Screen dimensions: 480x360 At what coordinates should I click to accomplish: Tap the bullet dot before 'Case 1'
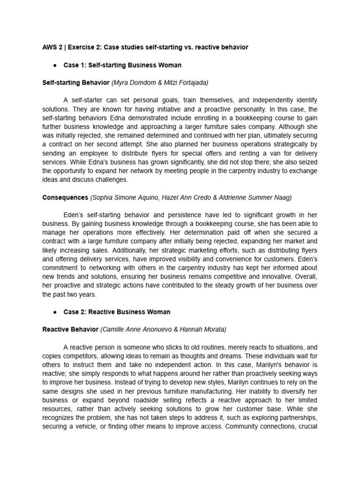55,65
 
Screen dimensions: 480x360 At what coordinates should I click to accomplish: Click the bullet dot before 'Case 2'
55,312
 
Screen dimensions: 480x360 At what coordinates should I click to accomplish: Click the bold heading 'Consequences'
65,197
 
